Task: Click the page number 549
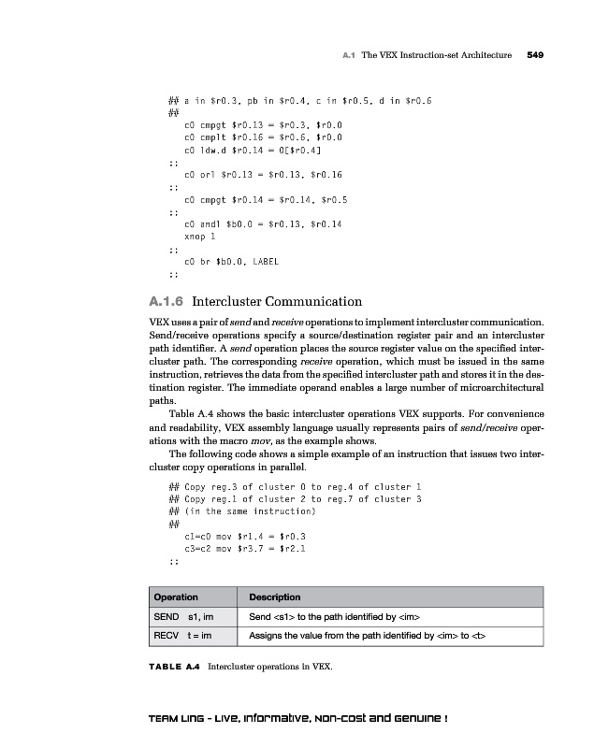[x=535, y=55]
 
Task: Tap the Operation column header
[x=176, y=597]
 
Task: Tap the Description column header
[x=274, y=597]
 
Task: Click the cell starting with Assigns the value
[x=368, y=636]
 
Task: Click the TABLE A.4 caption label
[x=174, y=667]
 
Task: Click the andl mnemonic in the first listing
[x=210, y=224]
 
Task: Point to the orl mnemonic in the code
[x=209, y=174]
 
